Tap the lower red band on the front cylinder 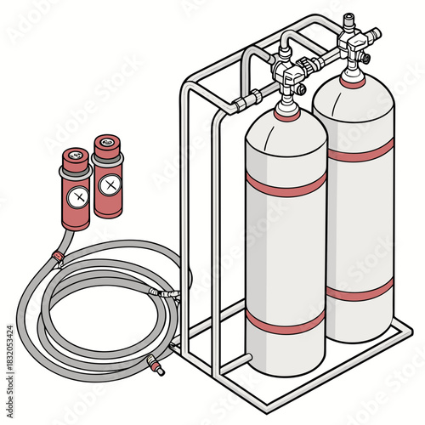pos(286,320)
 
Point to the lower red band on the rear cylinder pos(361,289)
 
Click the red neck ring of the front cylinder pos(287,115)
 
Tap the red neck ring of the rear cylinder pos(354,82)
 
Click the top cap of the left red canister pos(75,156)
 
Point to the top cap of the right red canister pos(106,143)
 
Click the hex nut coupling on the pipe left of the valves pos(240,103)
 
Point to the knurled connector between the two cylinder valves pos(315,63)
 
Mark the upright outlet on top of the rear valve pos(348,20)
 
